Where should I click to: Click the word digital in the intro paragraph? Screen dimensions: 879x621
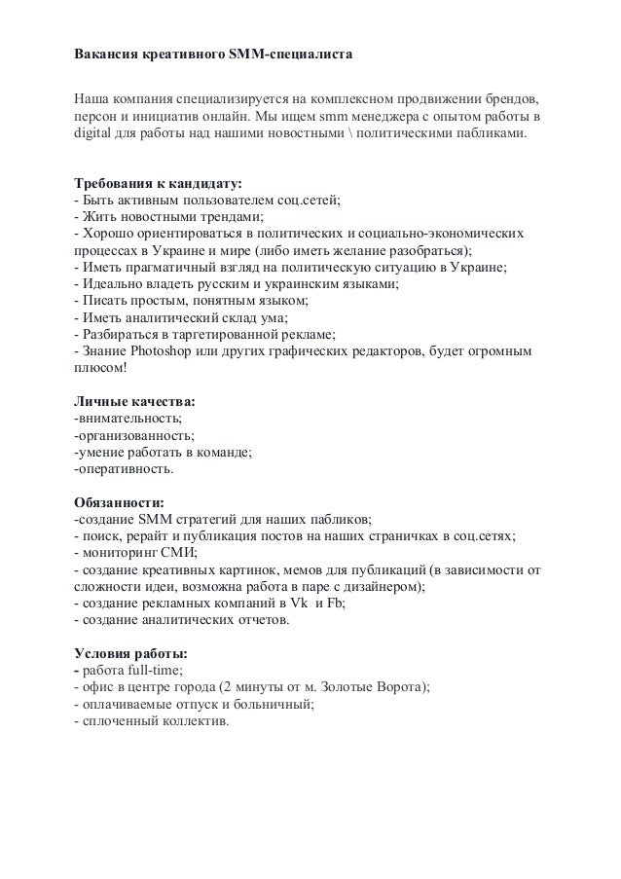pos(95,133)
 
